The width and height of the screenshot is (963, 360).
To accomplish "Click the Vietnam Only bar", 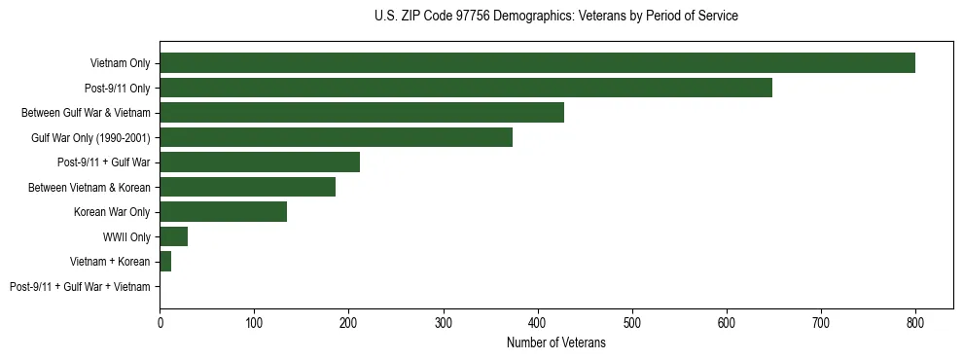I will point(537,63).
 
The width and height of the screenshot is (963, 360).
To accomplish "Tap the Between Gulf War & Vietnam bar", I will point(362,113).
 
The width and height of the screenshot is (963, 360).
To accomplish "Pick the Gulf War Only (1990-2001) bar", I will point(336,137).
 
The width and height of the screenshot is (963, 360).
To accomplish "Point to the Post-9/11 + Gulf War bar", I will point(260,162).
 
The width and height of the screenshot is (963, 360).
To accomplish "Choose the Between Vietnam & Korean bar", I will point(247,187).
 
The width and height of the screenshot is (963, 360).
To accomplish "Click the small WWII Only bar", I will point(173,236).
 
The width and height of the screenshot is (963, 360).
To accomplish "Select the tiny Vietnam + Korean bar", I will point(165,262).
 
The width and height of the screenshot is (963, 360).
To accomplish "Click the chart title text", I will point(555,17).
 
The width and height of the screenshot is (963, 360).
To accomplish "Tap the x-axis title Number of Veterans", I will point(555,342).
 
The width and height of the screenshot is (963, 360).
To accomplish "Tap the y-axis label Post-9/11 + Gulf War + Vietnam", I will point(80,287).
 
